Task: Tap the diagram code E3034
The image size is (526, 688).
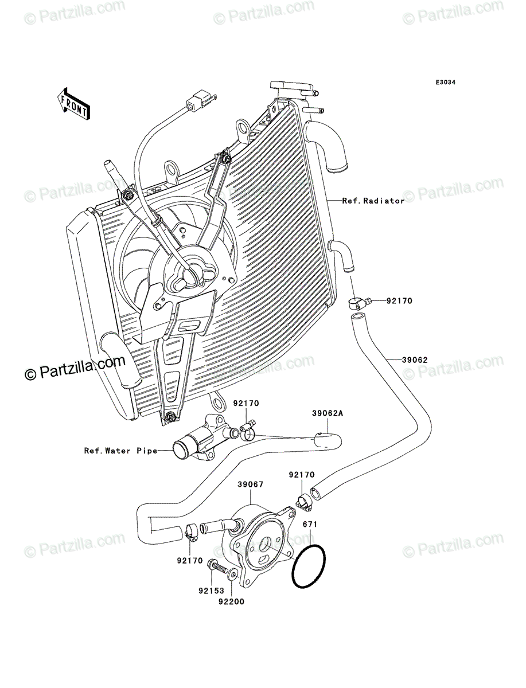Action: tap(446, 83)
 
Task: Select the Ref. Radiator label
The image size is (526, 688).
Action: tap(373, 201)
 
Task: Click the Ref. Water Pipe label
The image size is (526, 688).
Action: tap(120, 451)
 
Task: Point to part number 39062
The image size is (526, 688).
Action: tap(415, 360)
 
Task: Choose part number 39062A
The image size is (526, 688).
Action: tap(328, 413)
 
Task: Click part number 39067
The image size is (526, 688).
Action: tap(251, 484)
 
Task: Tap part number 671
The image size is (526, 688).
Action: tap(310, 524)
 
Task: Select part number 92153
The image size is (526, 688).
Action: tap(211, 591)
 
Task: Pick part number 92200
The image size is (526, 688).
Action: tap(231, 602)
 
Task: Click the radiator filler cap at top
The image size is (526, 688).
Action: tap(291, 86)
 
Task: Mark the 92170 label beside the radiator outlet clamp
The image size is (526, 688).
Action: tap(399, 301)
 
